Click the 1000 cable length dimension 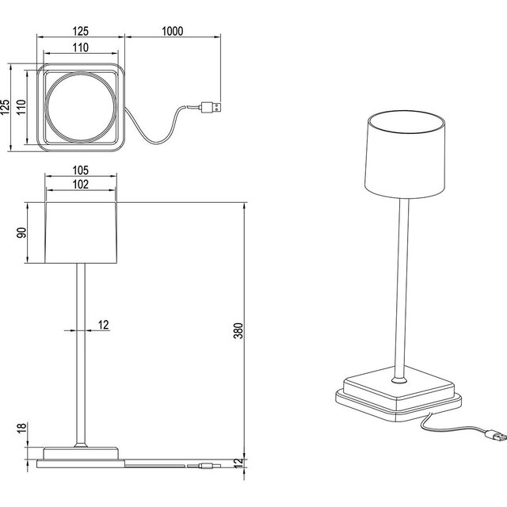pyautogui.click(x=171, y=32)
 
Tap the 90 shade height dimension pyautogui.click(x=22, y=232)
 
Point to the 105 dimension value pyautogui.click(x=79, y=170)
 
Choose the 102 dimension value pyautogui.click(x=79, y=184)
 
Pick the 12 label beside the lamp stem pyautogui.click(x=105, y=325)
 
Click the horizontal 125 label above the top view pyautogui.click(x=79, y=32)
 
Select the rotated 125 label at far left pyautogui.click(x=6, y=108)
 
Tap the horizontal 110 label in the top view pyautogui.click(x=79, y=48)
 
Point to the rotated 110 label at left pyautogui.click(x=22, y=108)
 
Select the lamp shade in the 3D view pyautogui.click(x=406, y=155)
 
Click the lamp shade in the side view pyautogui.click(x=82, y=232)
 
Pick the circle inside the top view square pyautogui.click(x=79, y=108)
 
